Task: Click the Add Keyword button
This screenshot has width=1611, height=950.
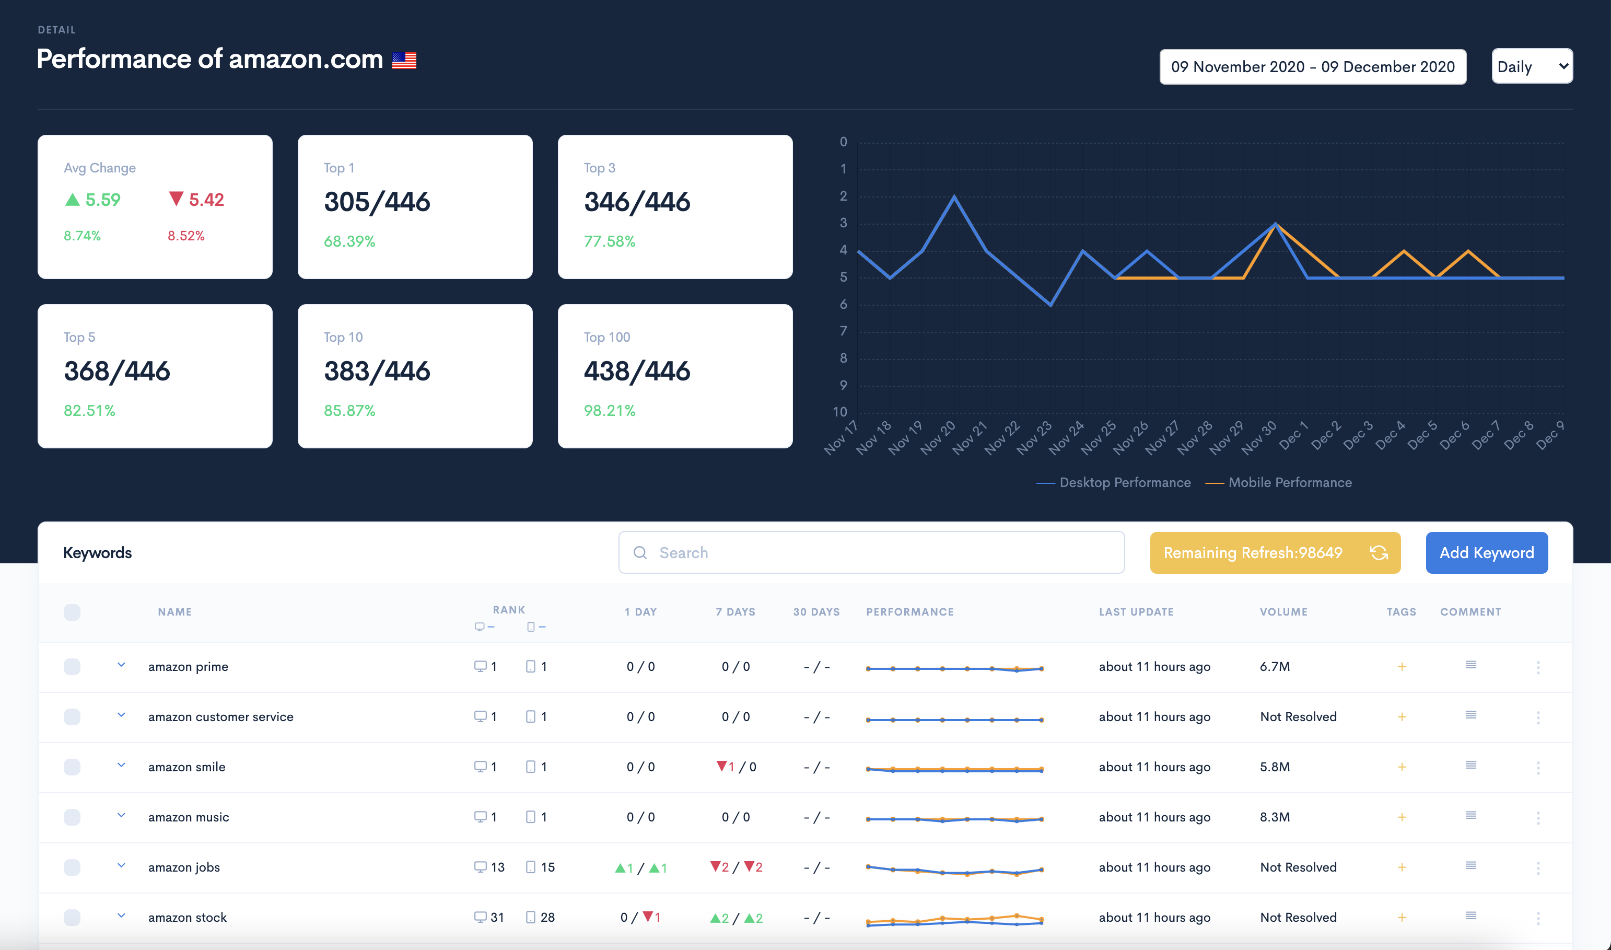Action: coord(1486,552)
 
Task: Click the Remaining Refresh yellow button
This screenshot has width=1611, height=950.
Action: coord(1275,552)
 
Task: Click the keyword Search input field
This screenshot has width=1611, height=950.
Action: coord(871,552)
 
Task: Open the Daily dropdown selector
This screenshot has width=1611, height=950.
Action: coord(1532,66)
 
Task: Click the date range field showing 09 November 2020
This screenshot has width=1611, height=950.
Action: coord(1313,66)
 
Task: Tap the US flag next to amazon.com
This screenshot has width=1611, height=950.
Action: coord(404,60)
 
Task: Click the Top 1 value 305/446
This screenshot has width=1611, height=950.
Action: coord(377,202)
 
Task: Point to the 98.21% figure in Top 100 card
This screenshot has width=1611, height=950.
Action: coord(609,410)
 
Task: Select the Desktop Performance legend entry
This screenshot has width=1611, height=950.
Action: coord(1113,482)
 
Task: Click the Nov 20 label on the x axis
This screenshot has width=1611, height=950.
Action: coord(938,438)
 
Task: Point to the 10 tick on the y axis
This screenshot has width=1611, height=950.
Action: coord(839,412)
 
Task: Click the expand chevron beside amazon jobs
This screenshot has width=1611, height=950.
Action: coord(121,865)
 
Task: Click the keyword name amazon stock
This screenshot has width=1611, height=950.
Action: coord(188,918)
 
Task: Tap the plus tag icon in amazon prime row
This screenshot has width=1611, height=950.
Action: coord(1402,666)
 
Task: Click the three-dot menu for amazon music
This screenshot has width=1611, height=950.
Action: coord(1538,817)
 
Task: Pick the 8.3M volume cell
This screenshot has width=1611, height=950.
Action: coord(1275,817)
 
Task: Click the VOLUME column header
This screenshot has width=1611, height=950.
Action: coord(1283,612)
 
